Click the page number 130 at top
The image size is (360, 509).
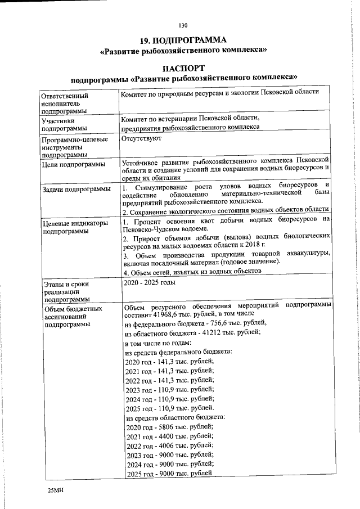[182, 25]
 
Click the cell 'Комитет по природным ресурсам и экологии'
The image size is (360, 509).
[220, 92]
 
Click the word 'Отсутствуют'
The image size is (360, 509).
[141, 137]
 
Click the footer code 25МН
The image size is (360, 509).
[56, 491]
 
